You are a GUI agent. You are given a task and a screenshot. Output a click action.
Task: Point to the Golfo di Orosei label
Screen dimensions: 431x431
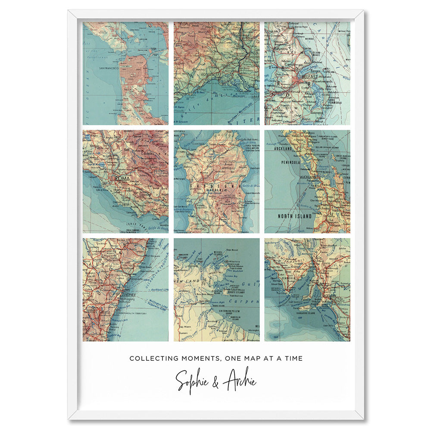(x=250, y=186)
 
